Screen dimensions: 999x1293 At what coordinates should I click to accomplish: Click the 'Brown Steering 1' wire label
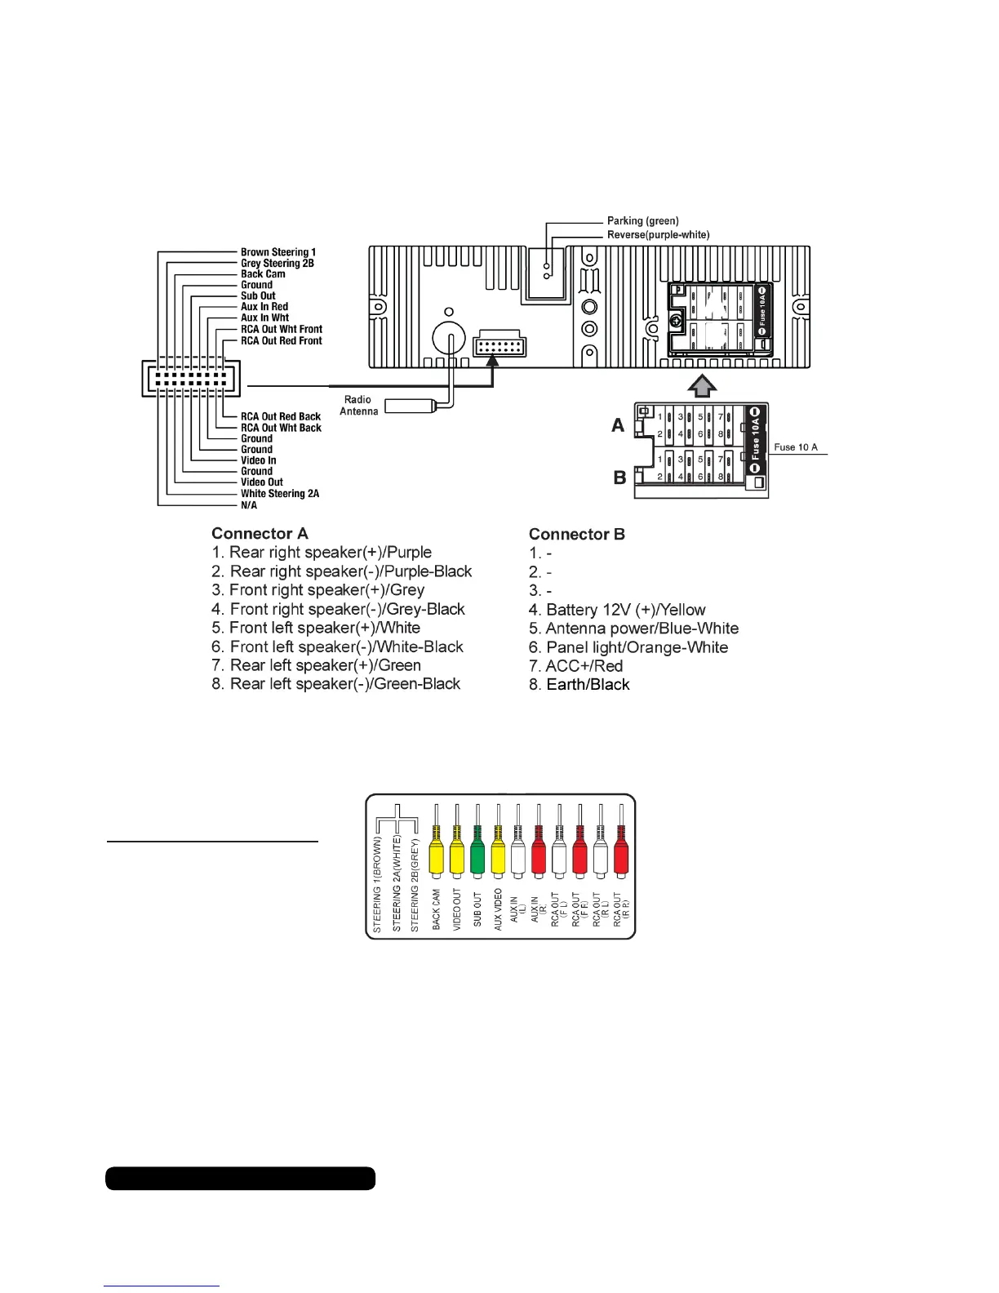point(277,252)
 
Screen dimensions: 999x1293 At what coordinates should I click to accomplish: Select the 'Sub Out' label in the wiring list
point(258,296)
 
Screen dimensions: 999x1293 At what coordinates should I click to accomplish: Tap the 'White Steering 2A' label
point(280,494)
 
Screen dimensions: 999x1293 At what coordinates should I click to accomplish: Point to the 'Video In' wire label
point(258,460)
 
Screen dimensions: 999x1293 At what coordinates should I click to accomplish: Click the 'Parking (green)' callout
point(642,221)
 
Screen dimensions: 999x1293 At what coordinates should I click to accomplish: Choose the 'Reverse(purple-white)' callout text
point(658,235)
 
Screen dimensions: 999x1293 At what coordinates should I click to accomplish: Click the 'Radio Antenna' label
point(358,406)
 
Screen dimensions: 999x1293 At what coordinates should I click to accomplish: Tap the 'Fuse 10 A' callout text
point(795,447)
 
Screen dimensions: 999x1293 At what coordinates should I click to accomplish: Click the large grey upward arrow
point(703,385)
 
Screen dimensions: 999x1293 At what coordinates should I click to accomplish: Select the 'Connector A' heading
point(260,534)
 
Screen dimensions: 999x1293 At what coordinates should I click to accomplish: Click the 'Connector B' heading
point(576,535)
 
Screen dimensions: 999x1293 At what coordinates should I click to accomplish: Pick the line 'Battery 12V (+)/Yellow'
point(617,610)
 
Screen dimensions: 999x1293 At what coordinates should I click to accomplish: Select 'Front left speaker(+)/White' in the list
point(316,628)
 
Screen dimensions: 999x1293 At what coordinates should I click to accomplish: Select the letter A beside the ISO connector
point(618,425)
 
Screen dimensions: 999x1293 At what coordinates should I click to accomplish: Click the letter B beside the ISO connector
point(619,478)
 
